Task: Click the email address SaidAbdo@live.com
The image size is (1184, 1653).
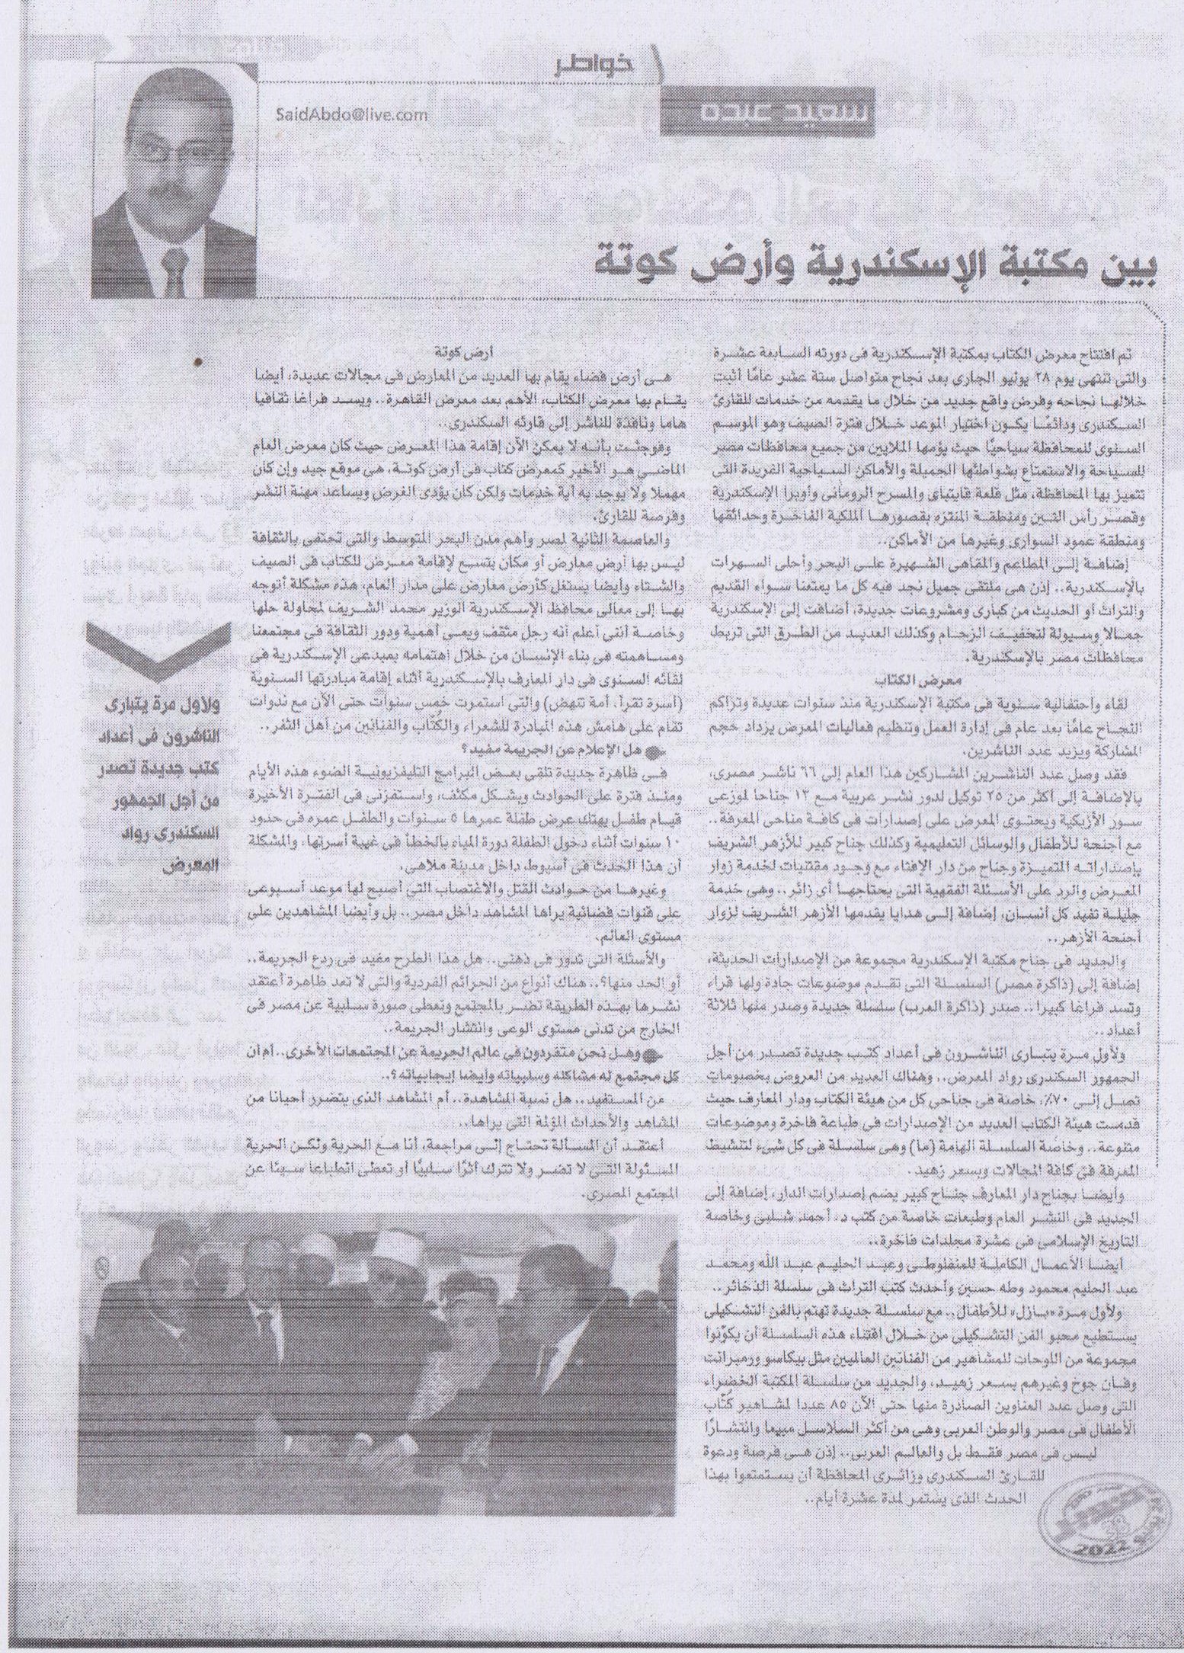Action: pos(353,114)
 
